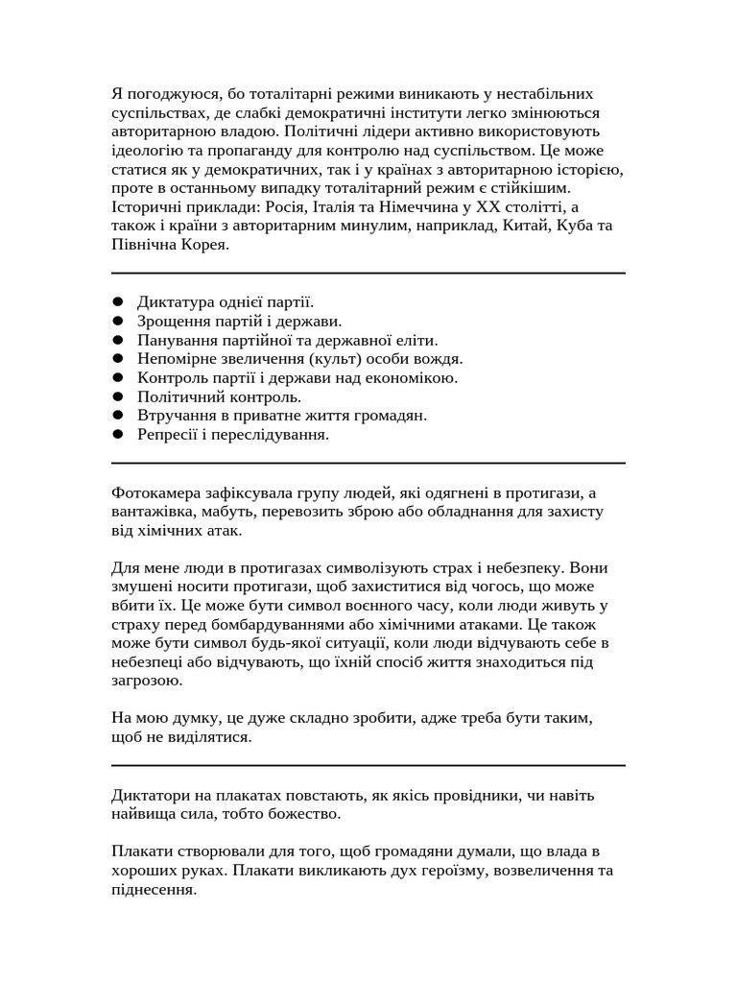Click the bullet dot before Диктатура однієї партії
pos(118,302)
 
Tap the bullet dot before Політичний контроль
pos(118,396)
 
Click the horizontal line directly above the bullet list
pos(368,273)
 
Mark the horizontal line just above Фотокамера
pos(368,463)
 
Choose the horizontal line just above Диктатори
pos(368,765)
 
